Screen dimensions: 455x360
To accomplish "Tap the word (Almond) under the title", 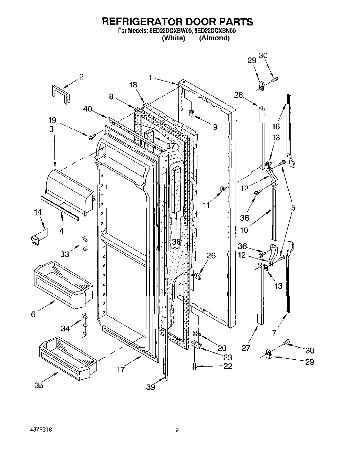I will [214, 38].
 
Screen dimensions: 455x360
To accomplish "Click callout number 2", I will [81, 76].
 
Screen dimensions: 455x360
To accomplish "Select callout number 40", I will [88, 109].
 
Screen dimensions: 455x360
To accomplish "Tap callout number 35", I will [39, 385].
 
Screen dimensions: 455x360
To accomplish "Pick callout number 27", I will [246, 348].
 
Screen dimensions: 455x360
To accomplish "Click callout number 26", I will [211, 255].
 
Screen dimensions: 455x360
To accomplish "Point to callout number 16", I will [276, 126].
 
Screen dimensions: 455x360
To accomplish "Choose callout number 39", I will [151, 387].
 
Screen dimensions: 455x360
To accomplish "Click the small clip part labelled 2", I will [60, 93].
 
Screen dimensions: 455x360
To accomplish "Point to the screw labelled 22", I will [195, 367].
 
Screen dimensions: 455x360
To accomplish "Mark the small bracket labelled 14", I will [38, 237].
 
